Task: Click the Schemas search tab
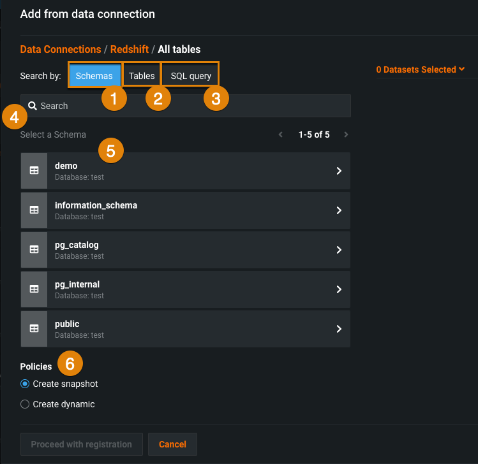94,75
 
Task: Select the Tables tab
142,75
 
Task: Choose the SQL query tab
191,75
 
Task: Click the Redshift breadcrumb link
130,49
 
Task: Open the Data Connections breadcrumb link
61,49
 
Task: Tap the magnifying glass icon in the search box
33,106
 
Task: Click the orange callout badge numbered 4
14,117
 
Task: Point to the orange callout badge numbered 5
111,150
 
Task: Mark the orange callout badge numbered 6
70,363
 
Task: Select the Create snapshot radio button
25,384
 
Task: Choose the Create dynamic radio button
25,404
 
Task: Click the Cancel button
172,444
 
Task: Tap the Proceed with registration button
82,444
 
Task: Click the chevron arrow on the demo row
339,171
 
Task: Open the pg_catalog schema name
77,245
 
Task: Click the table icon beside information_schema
34,210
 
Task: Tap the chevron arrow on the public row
339,329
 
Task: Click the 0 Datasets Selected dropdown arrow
461,69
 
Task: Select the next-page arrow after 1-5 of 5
346,134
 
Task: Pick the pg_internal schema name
77,284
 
